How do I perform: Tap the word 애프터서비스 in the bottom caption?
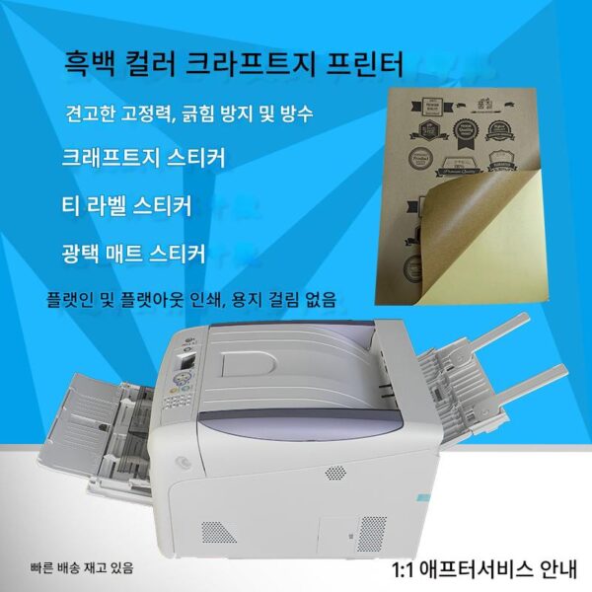pos(468,569)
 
